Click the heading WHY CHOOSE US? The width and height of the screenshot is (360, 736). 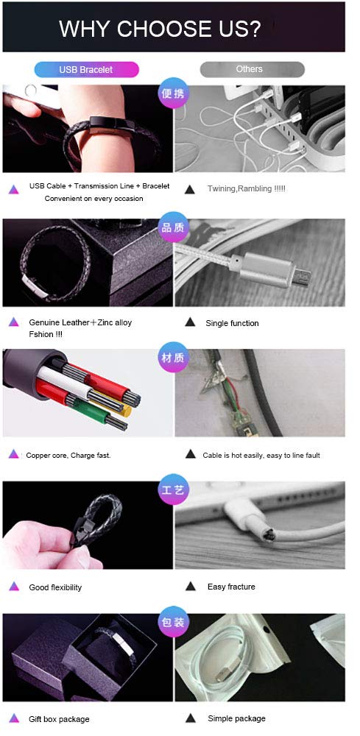[x=160, y=29]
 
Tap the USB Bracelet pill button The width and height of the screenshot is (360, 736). [x=86, y=70]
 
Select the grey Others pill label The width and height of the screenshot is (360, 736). [x=249, y=69]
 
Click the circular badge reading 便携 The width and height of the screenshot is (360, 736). [x=173, y=94]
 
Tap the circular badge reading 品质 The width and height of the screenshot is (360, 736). [x=173, y=227]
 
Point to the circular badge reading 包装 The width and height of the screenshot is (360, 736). [x=173, y=623]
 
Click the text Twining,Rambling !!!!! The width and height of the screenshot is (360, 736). [x=246, y=189]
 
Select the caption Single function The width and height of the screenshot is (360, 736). [x=232, y=323]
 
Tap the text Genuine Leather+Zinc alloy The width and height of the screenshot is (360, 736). [x=80, y=322]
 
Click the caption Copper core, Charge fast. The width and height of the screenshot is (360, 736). [x=68, y=455]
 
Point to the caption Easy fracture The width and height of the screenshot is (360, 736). [x=231, y=587]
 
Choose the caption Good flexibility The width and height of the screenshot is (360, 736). [x=55, y=587]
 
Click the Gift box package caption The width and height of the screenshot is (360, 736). [x=59, y=718]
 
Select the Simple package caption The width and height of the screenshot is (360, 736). [x=236, y=718]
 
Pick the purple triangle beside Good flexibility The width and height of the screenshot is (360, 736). [x=13, y=587]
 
